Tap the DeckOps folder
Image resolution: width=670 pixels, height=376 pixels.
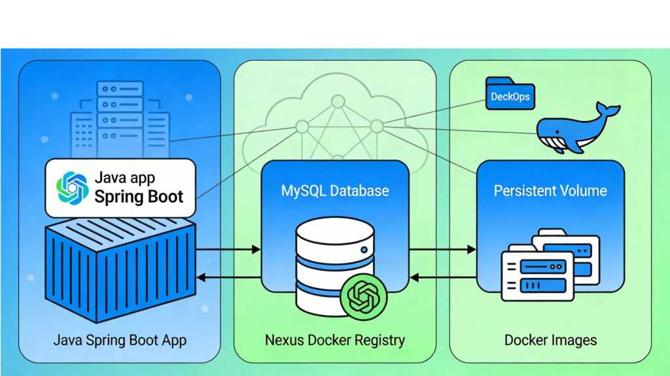click(510, 97)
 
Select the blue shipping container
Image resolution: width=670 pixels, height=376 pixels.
click(120, 268)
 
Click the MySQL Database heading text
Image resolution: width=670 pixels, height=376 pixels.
click(335, 191)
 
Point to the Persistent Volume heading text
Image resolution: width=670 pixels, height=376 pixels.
click(550, 191)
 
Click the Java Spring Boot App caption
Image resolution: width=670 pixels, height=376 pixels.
click(120, 340)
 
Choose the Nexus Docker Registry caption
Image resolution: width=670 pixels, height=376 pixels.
click(335, 340)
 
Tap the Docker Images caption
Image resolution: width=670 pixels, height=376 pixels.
click(550, 340)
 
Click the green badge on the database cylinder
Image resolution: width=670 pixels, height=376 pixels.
click(364, 298)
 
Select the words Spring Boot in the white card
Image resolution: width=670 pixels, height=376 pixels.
click(139, 197)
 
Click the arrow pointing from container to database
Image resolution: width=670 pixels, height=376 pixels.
click(228, 249)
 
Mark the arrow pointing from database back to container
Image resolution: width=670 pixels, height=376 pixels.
click(228, 277)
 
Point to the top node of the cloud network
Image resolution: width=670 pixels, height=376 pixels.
click(338, 101)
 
